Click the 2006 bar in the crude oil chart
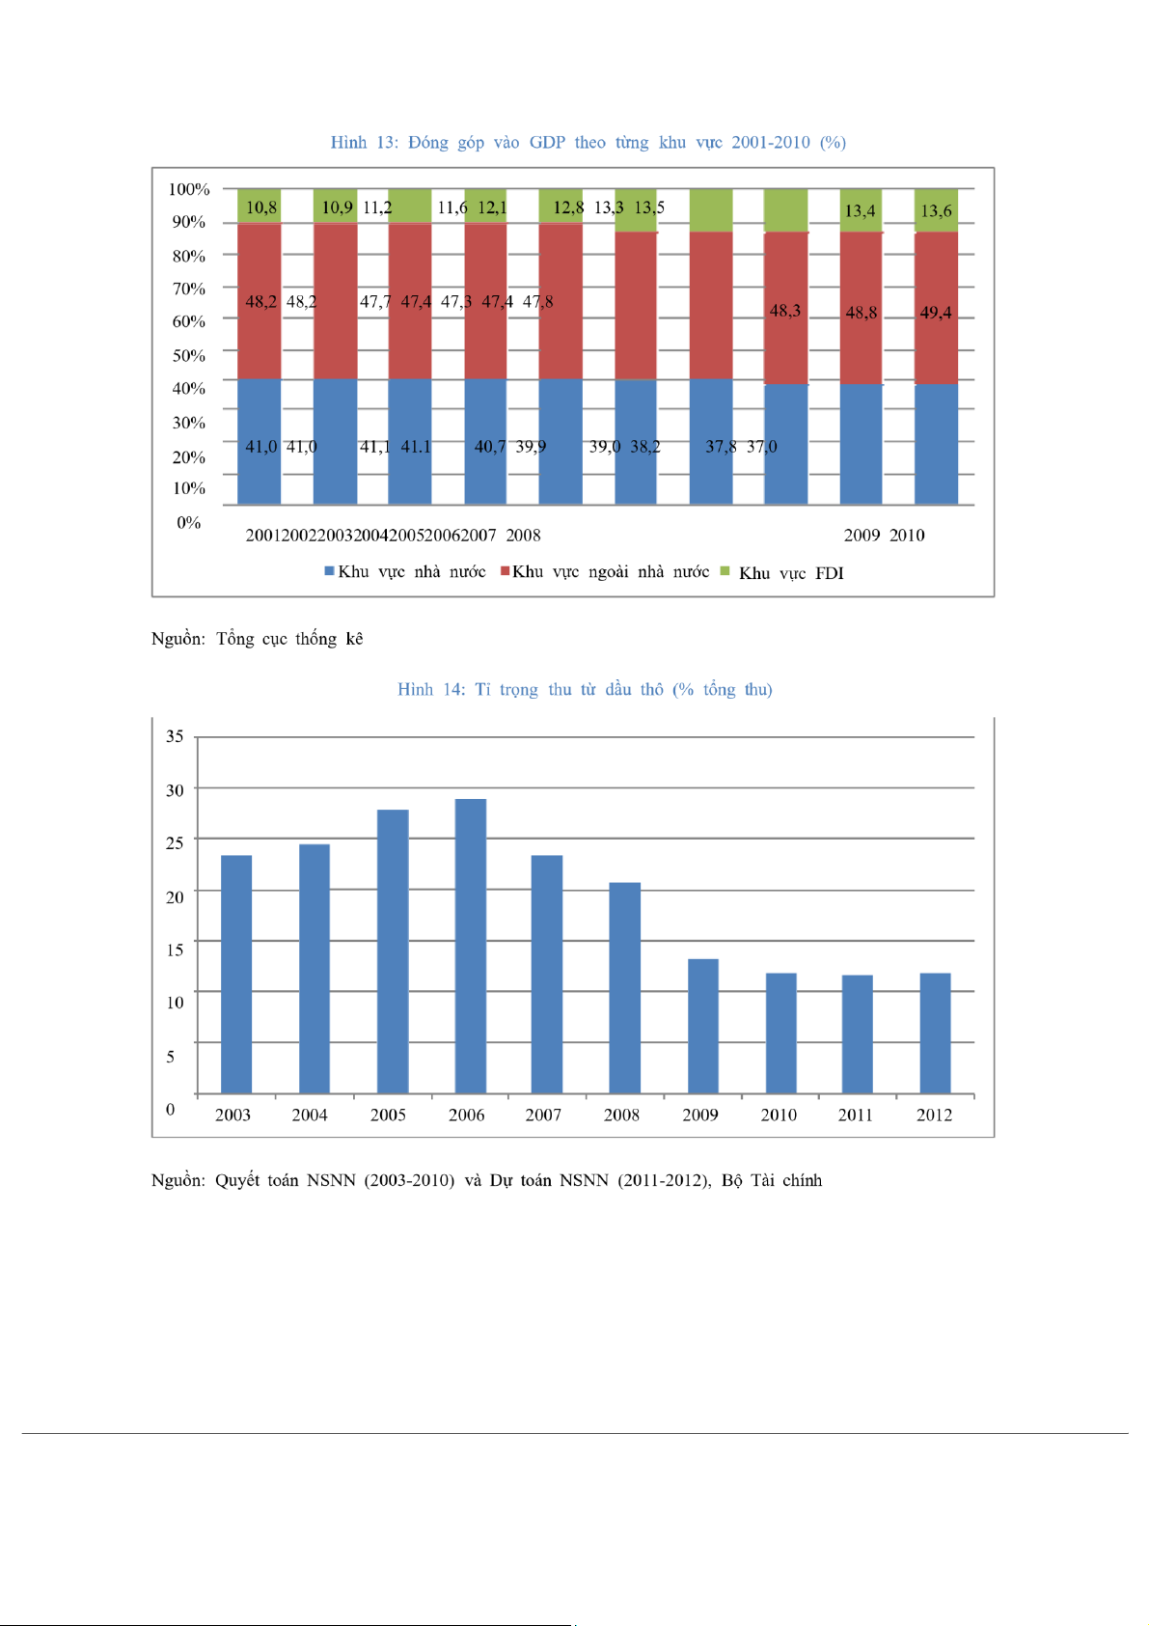click(471, 946)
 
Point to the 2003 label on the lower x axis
click(233, 1116)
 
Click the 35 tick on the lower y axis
click(175, 736)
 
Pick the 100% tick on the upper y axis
click(189, 189)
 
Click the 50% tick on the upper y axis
click(189, 355)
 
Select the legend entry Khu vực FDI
click(782, 573)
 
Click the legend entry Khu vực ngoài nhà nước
click(605, 572)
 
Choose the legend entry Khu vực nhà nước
click(405, 572)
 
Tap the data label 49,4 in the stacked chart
click(936, 313)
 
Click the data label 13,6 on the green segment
click(936, 211)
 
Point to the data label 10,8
click(261, 207)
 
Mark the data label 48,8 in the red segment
click(862, 313)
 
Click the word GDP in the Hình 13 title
click(547, 143)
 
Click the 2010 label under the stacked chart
click(907, 536)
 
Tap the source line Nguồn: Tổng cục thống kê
click(258, 639)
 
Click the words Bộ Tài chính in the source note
click(772, 1180)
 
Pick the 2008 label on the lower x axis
click(622, 1116)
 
